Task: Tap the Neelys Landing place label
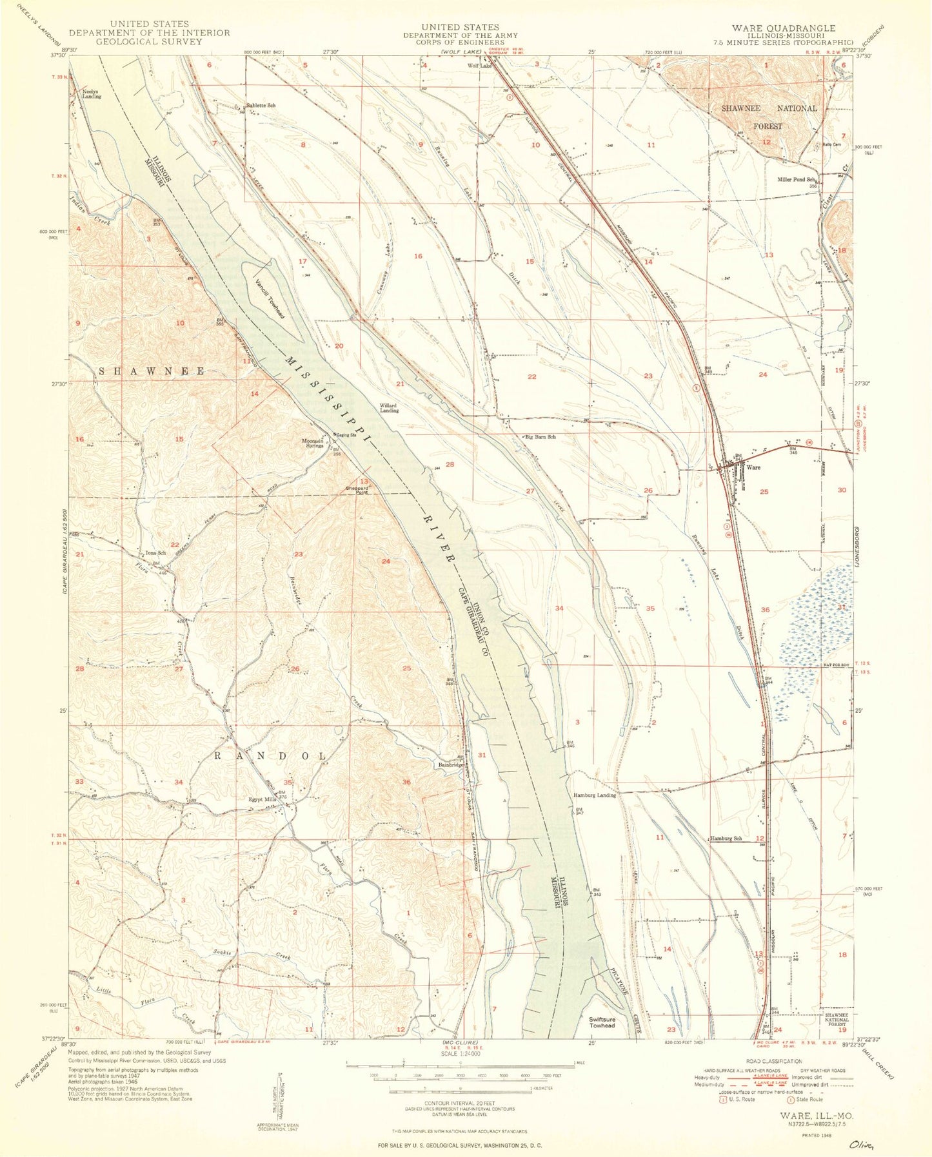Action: [x=91, y=94]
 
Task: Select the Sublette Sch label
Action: [x=261, y=105]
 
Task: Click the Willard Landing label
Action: [x=389, y=408]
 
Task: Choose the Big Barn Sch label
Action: [x=540, y=436]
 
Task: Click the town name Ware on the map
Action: [x=753, y=467]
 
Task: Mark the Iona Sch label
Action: [x=155, y=553]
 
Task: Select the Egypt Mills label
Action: [x=263, y=799]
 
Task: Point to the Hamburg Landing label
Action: [x=595, y=795]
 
